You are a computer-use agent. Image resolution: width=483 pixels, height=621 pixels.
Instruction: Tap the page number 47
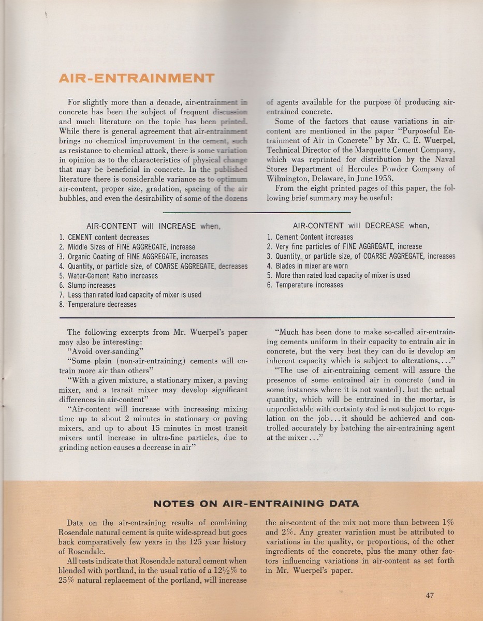pos(429,595)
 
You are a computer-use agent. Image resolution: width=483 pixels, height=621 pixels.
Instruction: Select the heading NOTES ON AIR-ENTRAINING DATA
pos(256,504)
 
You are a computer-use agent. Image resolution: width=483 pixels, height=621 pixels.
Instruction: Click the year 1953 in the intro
pos(384,178)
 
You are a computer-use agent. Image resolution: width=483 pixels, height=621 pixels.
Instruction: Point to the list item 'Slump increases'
pos(91,285)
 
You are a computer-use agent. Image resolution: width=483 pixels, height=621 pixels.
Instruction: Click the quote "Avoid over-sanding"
pos(108,351)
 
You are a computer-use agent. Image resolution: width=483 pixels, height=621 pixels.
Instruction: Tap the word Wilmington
pos(290,178)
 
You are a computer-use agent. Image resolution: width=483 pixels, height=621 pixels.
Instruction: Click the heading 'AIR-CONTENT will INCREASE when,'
pos(153,226)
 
